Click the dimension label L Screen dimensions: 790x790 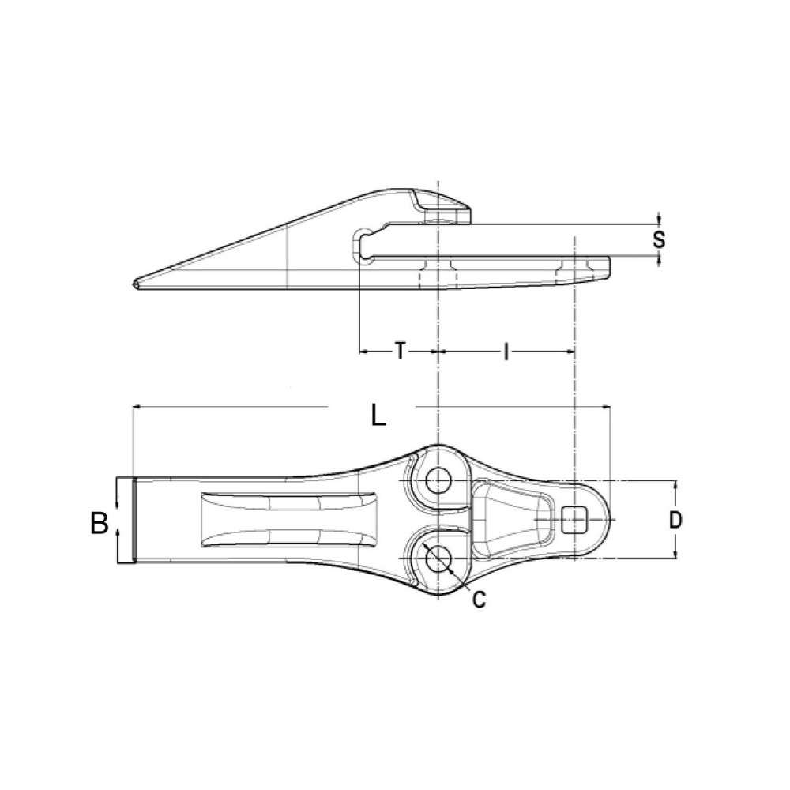click(379, 414)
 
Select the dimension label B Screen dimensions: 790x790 click(99, 523)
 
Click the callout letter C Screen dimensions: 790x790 click(479, 600)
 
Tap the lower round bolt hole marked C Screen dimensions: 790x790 click(436, 559)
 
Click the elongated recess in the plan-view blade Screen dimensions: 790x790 click(288, 519)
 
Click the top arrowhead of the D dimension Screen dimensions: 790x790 click(675, 484)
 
